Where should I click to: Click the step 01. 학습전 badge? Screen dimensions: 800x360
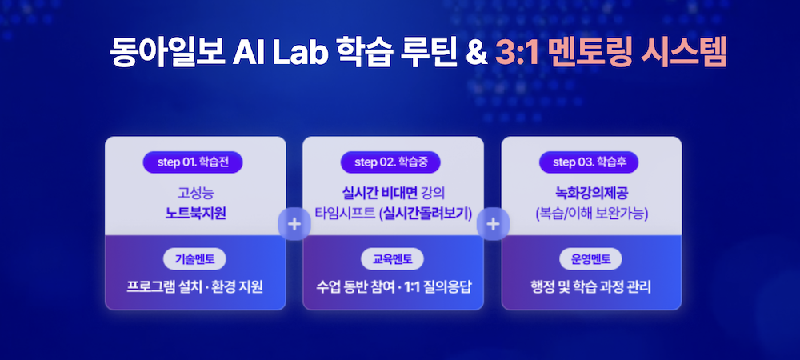[192, 162]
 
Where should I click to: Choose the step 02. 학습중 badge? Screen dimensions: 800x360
[390, 162]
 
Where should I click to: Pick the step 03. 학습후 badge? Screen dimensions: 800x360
[589, 162]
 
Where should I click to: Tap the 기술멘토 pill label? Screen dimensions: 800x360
[194, 259]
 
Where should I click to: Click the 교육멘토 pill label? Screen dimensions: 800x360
[393, 259]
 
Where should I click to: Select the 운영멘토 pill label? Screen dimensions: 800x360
[590, 259]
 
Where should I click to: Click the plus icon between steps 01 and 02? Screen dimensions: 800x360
[294, 224]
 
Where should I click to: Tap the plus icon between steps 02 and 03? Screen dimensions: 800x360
[493, 224]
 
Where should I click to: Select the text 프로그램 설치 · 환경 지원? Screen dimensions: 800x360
[195, 286]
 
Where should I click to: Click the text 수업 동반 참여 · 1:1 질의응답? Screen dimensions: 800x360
[393, 286]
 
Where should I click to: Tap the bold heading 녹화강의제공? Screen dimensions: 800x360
[592, 194]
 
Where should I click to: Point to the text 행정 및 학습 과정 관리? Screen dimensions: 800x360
[591, 286]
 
